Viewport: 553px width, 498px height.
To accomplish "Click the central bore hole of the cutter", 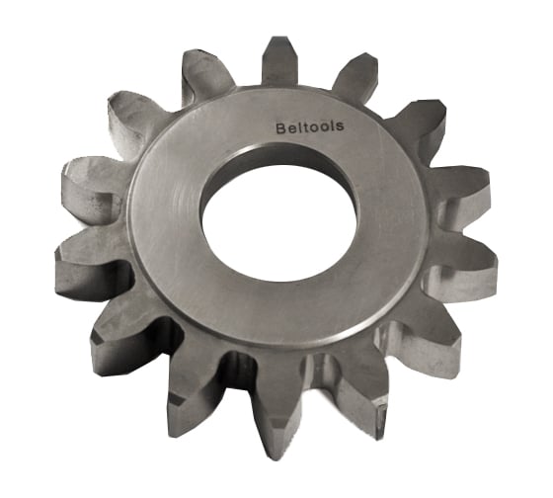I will click(275, 213).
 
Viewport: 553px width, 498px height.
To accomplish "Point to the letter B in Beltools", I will click(278, 126).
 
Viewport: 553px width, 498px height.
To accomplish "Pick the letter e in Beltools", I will click(287, 127).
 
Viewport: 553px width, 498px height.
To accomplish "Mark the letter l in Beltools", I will click(294, 126).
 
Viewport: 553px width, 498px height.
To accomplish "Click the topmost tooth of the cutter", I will click(280, 61).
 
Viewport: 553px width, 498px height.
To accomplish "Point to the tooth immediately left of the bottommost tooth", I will click(197, 390).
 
